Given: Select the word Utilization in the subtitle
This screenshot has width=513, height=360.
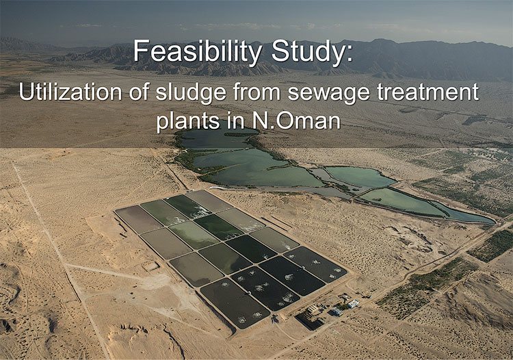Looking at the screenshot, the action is click(x=70, y=92).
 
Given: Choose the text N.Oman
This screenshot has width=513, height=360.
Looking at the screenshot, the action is click(x=296, y=120).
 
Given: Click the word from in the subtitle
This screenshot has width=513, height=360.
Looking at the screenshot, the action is click(x=257, y=92).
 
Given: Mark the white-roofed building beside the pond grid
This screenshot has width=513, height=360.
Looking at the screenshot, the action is click(x=354, y=304).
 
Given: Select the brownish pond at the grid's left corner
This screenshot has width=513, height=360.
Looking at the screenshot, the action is click(x=139, y=219).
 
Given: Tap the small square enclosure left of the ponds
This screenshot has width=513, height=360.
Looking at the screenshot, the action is click(x=151, y=266).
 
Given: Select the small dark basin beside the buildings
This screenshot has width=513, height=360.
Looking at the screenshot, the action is click(x=309, y=321).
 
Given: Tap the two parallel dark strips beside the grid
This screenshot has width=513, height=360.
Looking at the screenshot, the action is click(x=276, y=222).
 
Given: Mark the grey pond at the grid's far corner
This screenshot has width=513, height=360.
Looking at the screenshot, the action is click(x=209, y=201).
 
